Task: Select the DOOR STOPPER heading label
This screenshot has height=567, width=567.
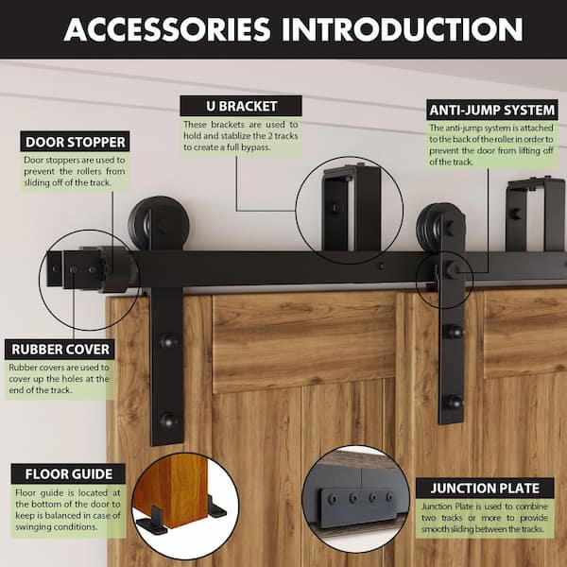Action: tap(75, 143)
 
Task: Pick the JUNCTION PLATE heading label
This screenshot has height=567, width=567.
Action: tap(484, 489)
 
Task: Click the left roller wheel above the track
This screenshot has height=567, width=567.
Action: tap(159, 223)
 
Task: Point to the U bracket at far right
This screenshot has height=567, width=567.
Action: tap(535, 213)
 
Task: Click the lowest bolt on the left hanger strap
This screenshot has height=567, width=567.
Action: tap(168, 420)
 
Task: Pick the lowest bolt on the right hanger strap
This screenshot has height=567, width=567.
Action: tap(454, 403)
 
